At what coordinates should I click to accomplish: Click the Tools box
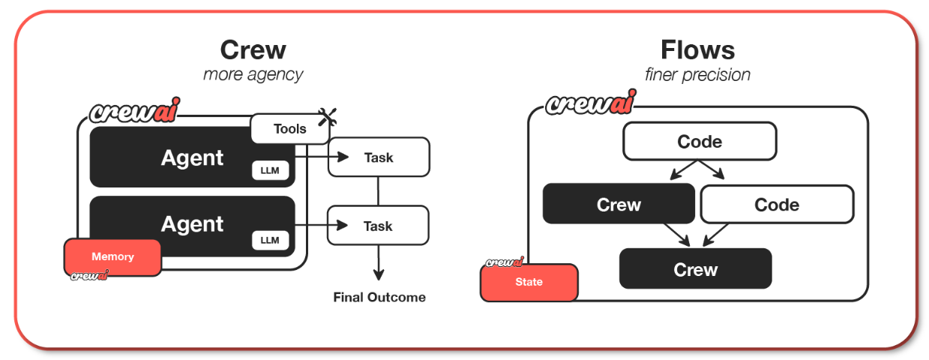pos(290,128)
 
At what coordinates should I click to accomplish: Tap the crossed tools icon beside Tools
pos(327,117)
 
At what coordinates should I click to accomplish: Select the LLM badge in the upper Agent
pos(270,170)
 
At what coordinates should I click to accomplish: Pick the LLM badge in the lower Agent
pos(270,240)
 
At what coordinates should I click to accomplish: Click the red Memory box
pos(112,256)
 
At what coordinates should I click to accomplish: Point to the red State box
pos(529,282)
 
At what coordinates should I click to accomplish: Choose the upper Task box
pos(379,157)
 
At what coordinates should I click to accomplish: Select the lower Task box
pos(378,226)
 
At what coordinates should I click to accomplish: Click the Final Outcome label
pos(379,297)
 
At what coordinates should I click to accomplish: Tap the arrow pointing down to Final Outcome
pos(378,262)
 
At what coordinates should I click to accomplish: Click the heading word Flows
pos(697,49)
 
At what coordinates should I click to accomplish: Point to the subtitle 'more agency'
pos(253,75)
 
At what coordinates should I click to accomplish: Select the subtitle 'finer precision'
pos(697,75)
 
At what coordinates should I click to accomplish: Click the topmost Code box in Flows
pos(700,141)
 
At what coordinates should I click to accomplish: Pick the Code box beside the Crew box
pos(777,205)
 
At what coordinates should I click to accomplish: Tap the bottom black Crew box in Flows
pos(696,268)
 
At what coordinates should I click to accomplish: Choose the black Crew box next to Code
pos(619,204)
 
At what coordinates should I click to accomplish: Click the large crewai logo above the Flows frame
pos(591,103)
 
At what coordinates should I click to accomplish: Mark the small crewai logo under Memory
pos(89,275)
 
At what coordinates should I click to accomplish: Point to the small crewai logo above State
pos(505,262)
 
